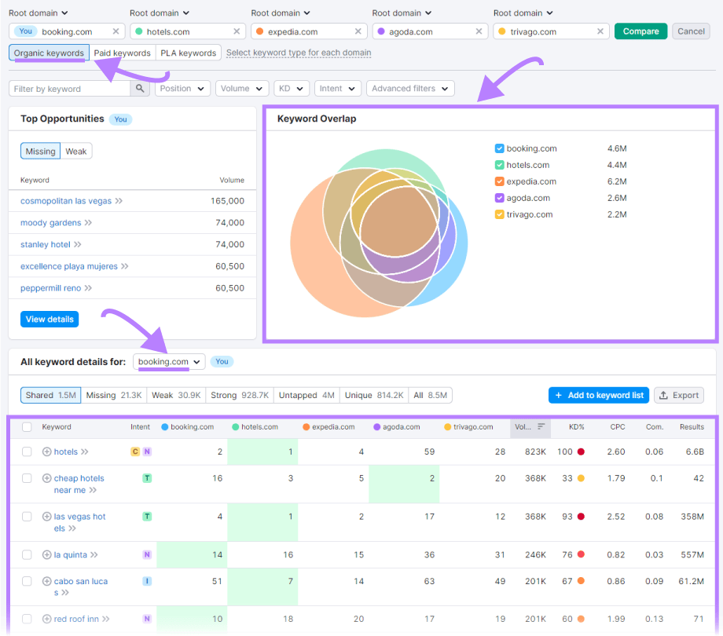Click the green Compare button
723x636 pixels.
tap(640, 31)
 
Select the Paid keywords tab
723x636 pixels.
tap(122, 53)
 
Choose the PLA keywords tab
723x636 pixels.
tap(187, 53)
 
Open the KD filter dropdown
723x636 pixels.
tap(291, 89)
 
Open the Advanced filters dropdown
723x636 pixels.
tap(409, 89)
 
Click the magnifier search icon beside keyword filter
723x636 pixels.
tap(140, 89)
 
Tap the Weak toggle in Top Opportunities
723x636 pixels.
tap(76, 152)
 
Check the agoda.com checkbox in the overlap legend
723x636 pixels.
tap(500, 198)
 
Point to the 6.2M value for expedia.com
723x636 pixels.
tap(617, 181)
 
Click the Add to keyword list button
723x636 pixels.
tap(599, 396)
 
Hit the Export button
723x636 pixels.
tap(679, 396)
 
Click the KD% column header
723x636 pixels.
tap(577, 427)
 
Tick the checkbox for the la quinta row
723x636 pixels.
tap(27, 555)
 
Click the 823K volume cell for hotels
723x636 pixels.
tap(535, 452)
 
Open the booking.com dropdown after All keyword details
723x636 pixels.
tap(169, 362)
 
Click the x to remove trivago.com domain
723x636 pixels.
tap(600, 31)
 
